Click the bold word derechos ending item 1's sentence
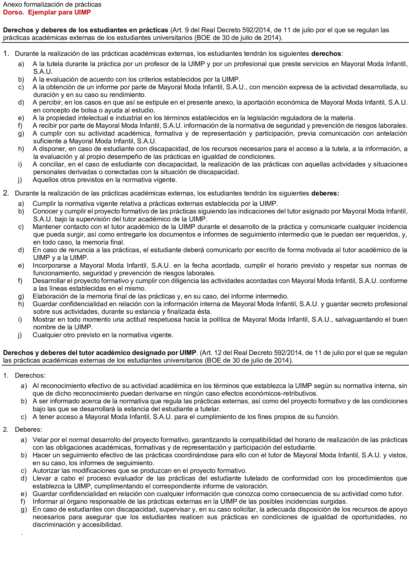(326, 54)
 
